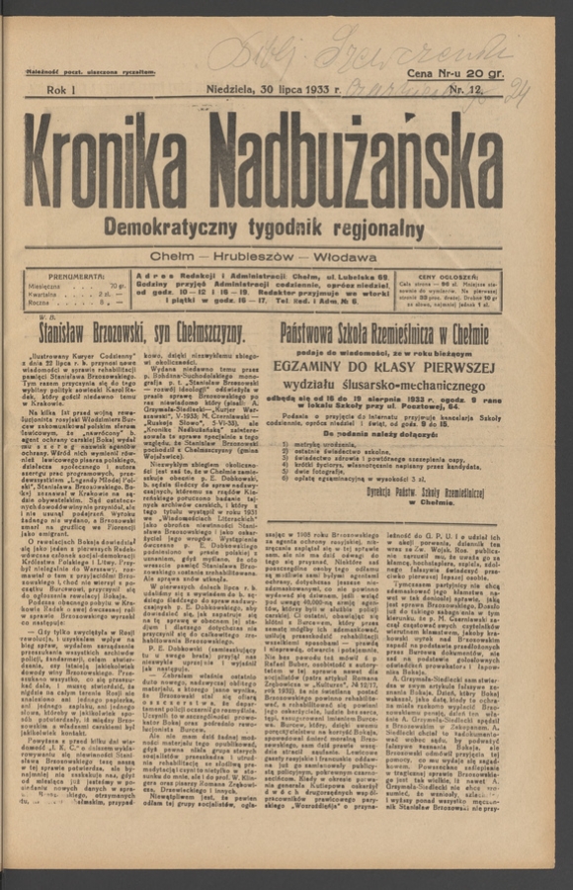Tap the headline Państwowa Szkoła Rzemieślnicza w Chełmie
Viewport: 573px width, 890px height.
pos(384,333)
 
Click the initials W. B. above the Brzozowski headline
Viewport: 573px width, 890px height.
pos(46,317)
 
